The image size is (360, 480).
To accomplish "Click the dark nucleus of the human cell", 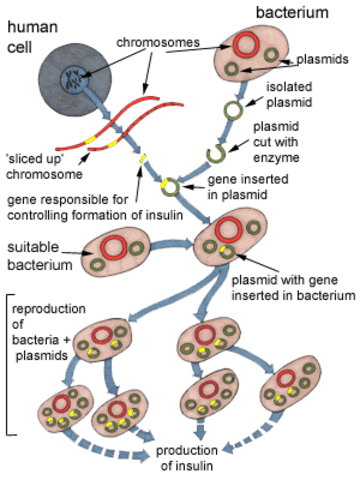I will [75, 76].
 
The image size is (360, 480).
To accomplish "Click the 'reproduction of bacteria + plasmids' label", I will [52, 339].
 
